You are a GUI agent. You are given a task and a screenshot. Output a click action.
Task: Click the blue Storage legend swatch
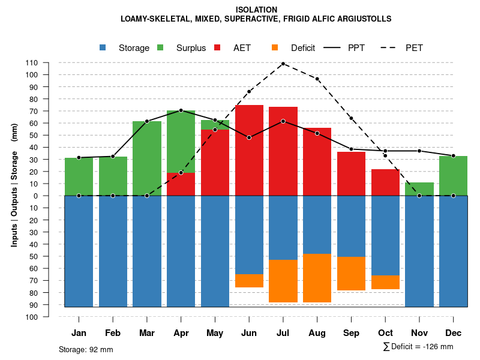pyautogui.click(x=103, y=48)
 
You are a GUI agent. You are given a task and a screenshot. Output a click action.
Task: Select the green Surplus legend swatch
pyautogui.click(x=160, y=48)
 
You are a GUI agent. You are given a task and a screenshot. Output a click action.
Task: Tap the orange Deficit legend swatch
pyautogui.click(x=275, y=48)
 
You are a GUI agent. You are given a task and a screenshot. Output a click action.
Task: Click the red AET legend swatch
pyautogui.click(x=217, y=48)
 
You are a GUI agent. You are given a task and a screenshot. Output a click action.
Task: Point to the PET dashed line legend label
pyautogui.click(x=414, y=48)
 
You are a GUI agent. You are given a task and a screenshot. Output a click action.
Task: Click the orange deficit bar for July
pyautogui.click(x=283, y=281)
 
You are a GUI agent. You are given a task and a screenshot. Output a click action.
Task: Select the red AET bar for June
pyautogui.click(x=249, y=150)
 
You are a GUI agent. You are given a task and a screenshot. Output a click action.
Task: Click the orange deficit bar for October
pyautogui.click(x=386, y=282)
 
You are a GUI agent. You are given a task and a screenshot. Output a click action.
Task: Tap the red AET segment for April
pyautogui.click(x=181, y=184)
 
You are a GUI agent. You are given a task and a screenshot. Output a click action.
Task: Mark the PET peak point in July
pyautogui.click(x=283, y=64)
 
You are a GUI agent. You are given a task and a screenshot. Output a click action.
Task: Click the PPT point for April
pyautogui.click(x=181, y=110)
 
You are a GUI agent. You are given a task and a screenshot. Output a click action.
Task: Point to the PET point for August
pyautogui.click(x=317, y=79)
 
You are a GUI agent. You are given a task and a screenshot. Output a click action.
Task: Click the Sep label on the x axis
pyautogui.click(x=352, y=333)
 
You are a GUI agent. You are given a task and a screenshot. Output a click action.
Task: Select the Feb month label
pyautogui.click(x=113, y=333)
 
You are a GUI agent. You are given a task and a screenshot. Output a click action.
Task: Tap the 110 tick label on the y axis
pyautogui.click(x=32, y=62)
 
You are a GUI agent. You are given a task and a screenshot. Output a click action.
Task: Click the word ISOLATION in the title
pyautogui.click(x=256, y=10)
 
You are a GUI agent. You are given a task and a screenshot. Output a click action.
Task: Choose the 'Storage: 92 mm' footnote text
pyautogui.click(x=86, y=349)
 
